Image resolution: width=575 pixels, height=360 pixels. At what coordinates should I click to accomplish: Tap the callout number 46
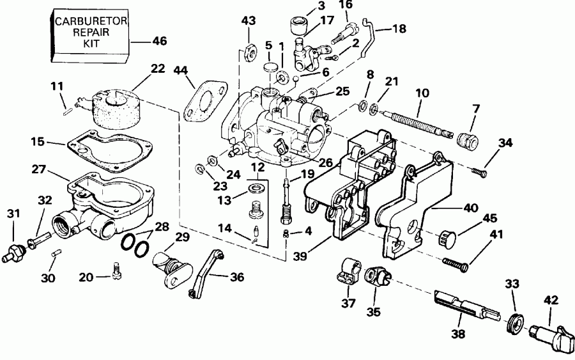[159, 42]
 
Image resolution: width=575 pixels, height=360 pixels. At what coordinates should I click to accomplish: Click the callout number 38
[458, 333]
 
